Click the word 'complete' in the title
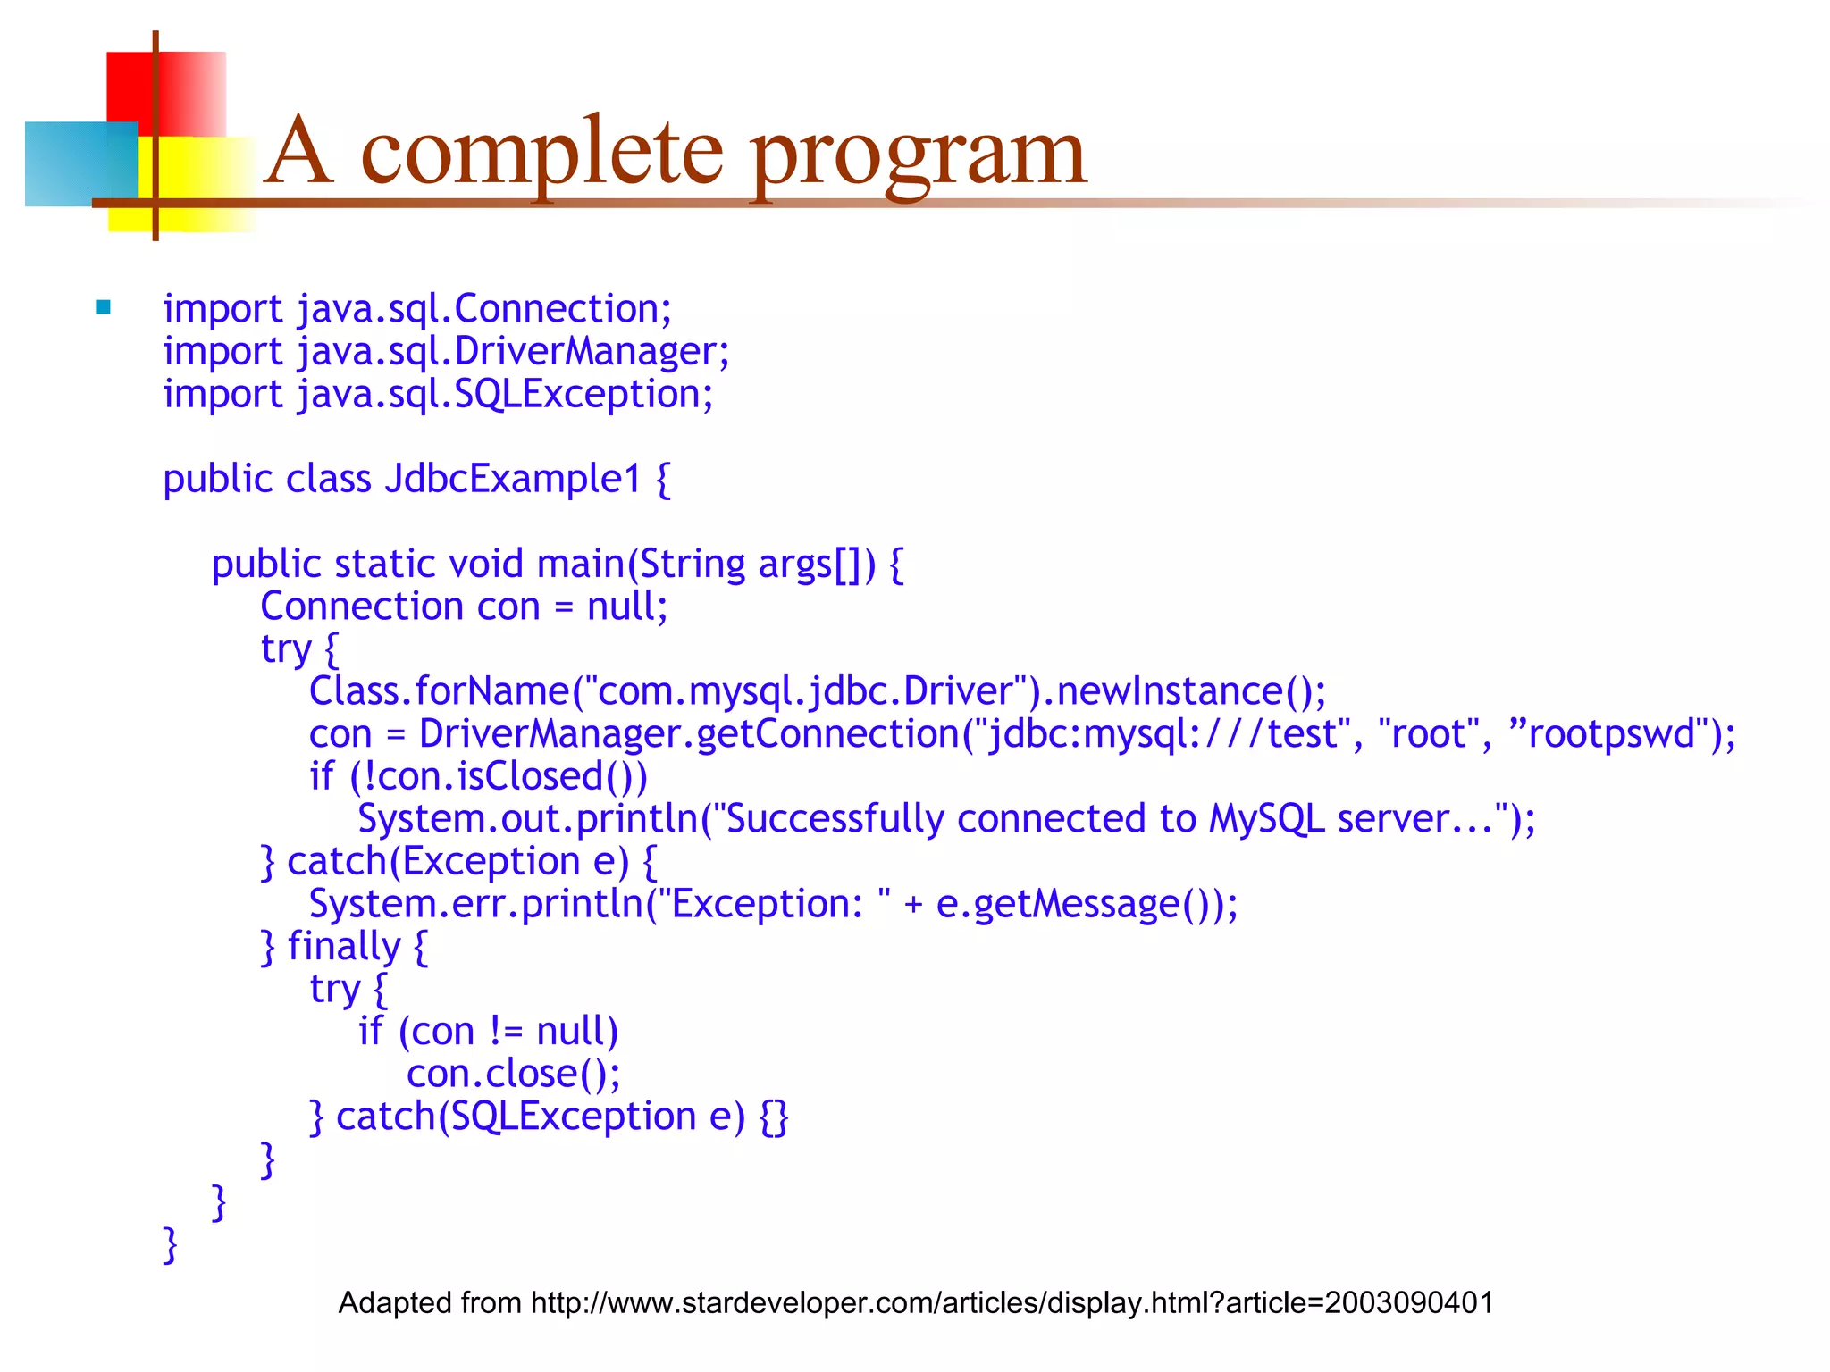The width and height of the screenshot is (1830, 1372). tap(541, 154)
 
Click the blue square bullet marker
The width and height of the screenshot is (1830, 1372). tap(103, 308)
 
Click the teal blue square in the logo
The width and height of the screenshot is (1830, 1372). tap(80, 163)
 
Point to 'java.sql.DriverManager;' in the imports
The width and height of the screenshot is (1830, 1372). tap(513, 351)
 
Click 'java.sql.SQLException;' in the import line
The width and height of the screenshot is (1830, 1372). tap(505, 394)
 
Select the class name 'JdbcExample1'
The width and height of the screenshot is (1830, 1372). tap(514, 479)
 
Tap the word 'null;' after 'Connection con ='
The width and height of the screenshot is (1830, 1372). tap(626, 607)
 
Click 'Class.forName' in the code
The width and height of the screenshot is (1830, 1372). tap(439, 691)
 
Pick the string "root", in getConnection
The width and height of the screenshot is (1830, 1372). tap(1435, 734)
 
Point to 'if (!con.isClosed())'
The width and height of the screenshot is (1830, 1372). tap(478, 776)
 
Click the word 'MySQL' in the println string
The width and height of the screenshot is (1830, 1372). tap(1266, 819)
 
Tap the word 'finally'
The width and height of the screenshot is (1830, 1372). tap(344, 947)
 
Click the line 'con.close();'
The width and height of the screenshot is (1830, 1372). tap(513, 1074)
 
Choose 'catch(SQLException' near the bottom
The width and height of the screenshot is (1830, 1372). tap(516, 1117)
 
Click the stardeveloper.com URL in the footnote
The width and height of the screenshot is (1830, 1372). tap(1012, 1303)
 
